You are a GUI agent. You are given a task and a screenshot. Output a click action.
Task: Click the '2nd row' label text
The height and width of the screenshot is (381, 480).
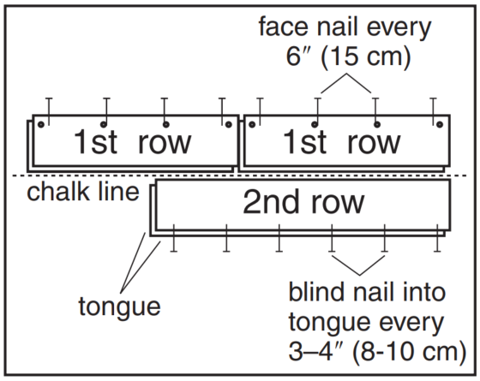(x=303, y=202)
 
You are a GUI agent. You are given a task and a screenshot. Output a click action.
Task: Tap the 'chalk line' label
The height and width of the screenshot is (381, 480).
(x=83, y=192)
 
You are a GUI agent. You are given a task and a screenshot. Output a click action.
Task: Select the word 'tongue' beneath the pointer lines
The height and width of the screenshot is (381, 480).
(x=119, y=307)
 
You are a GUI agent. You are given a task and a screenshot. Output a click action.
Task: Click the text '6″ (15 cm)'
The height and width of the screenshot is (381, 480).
(x=348, y=57)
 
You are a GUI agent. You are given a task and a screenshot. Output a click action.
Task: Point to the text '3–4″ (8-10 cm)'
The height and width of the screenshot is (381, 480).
(x=377, y=352)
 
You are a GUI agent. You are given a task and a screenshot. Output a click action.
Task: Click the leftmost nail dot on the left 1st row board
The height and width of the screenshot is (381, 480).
(x=41, y=124)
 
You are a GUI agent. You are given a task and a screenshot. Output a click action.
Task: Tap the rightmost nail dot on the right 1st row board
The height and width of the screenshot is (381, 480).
(x=440, y=124)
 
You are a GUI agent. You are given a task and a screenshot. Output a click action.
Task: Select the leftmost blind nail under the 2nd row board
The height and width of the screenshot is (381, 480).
(x=173, y=238)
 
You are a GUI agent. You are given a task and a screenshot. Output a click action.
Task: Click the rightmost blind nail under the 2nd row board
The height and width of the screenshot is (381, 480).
(x=437, y=238)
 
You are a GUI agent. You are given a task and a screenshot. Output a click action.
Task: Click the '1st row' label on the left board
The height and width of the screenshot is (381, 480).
(x=133, y=142)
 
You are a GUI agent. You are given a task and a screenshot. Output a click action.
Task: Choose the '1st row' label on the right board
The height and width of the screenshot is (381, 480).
(x=342, y=142)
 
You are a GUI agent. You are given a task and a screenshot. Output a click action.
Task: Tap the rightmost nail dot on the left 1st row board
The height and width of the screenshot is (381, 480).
(x=228, y=124)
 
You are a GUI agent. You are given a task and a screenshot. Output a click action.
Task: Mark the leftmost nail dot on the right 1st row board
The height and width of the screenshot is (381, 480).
(x=252, y=124)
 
